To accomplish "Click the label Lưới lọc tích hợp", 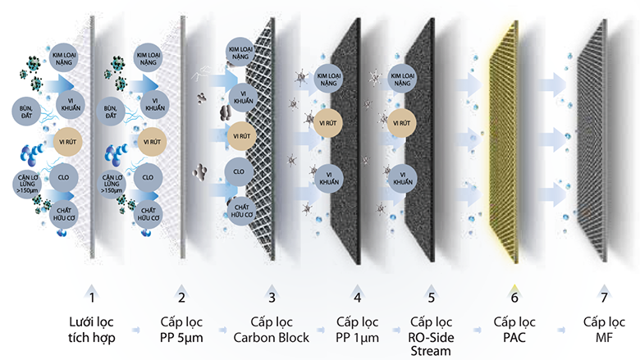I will point(93,330).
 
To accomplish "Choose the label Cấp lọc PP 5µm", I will point(181,330).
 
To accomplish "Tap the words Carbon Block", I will point(269,338).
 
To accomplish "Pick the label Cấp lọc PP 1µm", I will point(356,330).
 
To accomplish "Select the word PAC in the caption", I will point(514,338).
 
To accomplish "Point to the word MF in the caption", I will point(604,338).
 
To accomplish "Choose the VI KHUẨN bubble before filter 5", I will point(401,176).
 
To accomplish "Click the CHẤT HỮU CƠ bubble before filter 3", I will point(241,208).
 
